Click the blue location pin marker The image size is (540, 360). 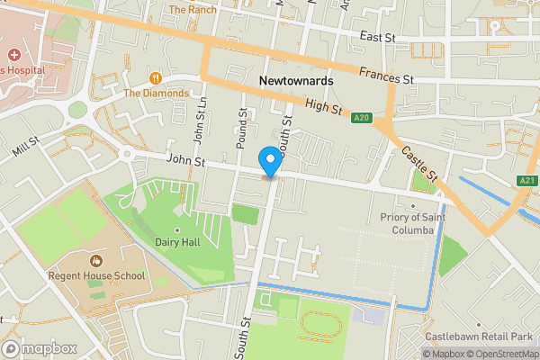[269, 161]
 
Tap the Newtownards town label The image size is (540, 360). [295, 81]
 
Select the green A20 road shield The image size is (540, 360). [362, 117]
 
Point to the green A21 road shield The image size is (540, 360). [528, 181]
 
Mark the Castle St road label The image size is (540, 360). [418, 163]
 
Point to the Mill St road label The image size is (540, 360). [26, 148]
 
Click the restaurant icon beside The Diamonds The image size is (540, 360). [157, 77]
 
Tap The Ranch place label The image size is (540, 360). [192, 9]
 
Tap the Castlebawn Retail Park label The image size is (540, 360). [480, 336]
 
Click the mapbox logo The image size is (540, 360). [39, 347]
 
